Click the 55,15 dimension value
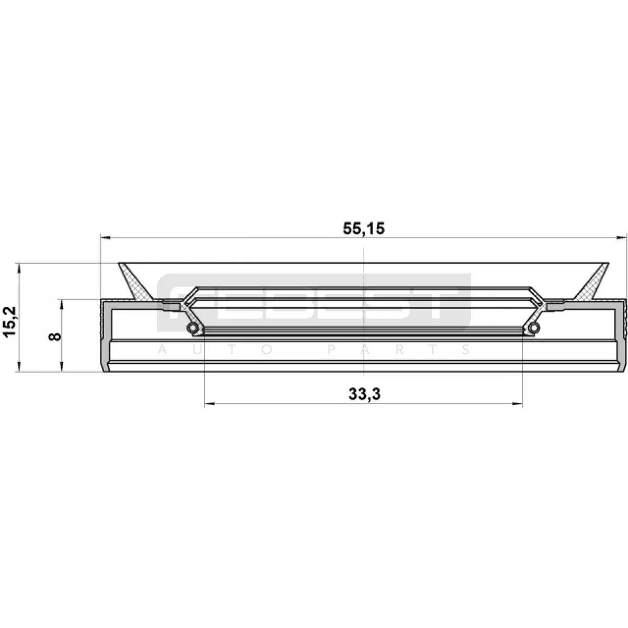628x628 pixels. pyautogui.click(x=364, y=229)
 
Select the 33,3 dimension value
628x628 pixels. pyautogui.click(x=365, y=395)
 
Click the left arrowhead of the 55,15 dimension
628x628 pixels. pyautogui.click(x=106, y=238)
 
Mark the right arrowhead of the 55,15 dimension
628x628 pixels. pyautogui.click(x=621, y=238)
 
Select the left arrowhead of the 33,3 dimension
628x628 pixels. pyautogui.click(x=210, y=404)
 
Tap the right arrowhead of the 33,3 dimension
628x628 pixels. pyautogui.click(x=517, y=404)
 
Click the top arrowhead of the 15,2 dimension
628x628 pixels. pyautogui.click(x=19, y=268)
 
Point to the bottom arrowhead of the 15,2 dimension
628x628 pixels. pyautogui.click(x=19, y=366)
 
